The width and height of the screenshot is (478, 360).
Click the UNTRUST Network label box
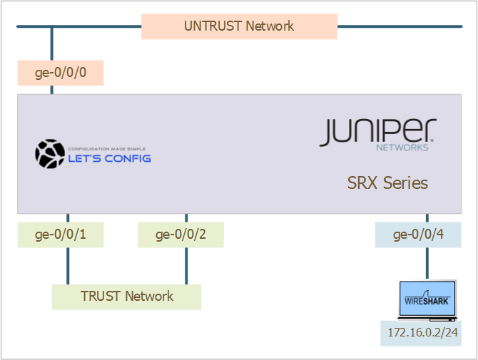tap(239, 26)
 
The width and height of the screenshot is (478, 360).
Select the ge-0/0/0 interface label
tap(61, 73)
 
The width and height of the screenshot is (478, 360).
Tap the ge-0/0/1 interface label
tap(61, 235)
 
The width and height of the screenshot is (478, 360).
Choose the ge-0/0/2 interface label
tap(180, 235)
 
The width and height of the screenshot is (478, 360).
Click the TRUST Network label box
tap(126, 297)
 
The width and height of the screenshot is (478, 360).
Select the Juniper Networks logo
tap(377, 133)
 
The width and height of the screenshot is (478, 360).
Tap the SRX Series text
tap(387, 182)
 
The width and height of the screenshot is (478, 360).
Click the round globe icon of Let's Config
tap(50, 153)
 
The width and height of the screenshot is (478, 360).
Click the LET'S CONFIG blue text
tap(109, 158)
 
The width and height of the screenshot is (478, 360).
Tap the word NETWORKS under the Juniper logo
tap(402, 148)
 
